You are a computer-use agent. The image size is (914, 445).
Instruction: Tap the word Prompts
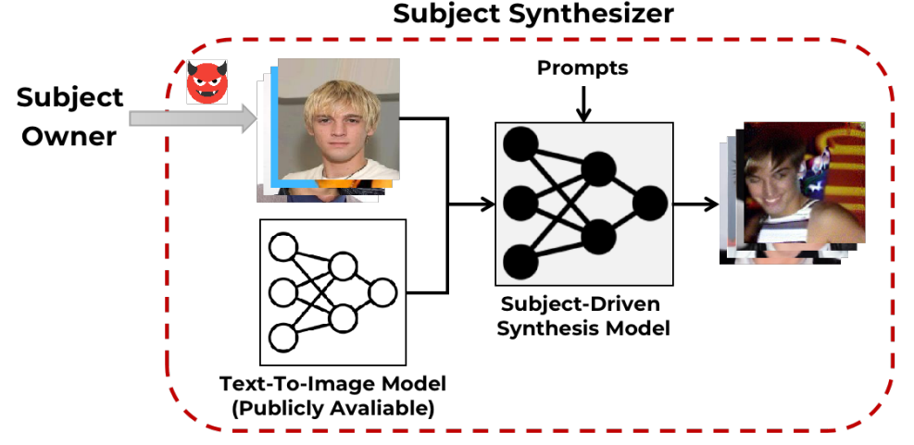[582, 68]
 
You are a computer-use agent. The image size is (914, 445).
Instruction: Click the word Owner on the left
[69, 136]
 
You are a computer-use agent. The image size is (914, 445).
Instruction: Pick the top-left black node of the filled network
[521, 143]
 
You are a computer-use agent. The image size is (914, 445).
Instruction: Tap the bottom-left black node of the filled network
[521, 261]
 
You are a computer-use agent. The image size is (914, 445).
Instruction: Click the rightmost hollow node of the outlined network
[382, 293]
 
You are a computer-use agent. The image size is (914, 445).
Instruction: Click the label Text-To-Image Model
[332, 383]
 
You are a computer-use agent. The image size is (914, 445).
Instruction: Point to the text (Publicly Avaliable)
[332, 408]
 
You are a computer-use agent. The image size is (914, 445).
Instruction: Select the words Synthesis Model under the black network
[582, 327]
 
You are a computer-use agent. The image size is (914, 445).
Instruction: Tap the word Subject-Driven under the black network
[582, 303]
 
